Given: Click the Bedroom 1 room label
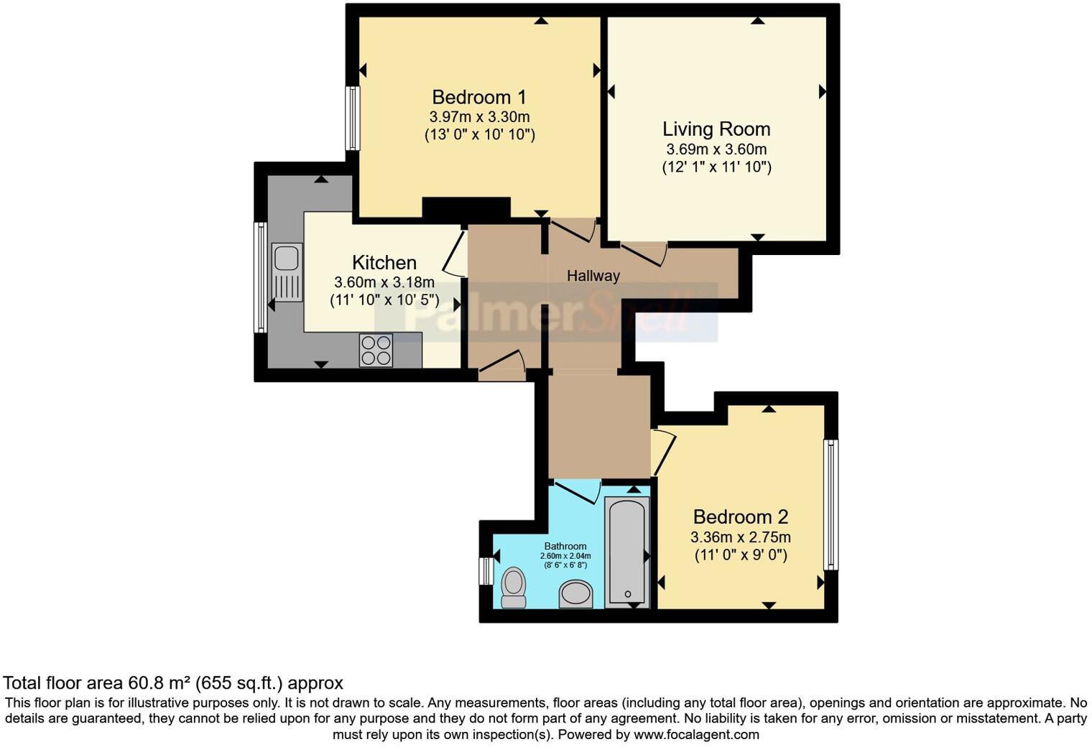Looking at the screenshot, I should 479,97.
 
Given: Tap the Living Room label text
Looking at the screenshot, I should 716,129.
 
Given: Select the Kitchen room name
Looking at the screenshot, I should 384,263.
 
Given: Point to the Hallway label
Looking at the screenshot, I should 593,276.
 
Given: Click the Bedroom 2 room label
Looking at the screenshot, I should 740,516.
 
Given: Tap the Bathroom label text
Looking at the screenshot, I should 565,547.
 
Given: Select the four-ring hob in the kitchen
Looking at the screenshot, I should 376,351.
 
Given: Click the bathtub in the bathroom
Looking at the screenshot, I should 627,550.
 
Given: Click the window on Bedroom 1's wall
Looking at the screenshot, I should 352,119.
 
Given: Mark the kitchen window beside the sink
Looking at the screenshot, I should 261,277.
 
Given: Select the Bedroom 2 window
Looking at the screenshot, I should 830,504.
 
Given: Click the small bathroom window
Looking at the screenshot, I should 486,571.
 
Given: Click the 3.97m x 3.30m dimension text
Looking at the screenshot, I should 479,117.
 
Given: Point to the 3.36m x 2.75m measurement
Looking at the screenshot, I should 740,537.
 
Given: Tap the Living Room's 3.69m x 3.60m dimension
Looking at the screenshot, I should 716,149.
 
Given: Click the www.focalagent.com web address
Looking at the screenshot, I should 696,735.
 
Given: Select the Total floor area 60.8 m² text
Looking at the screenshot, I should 172,683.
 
